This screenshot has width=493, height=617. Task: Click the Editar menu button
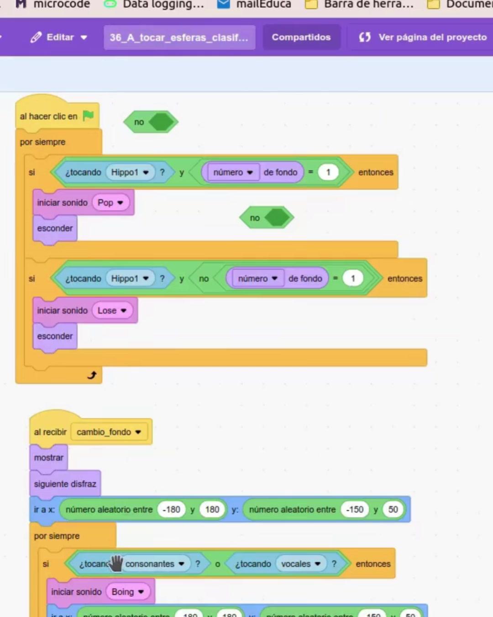[59, 37]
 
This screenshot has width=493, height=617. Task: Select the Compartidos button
[301, 37]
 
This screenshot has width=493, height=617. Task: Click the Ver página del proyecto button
[423, 37]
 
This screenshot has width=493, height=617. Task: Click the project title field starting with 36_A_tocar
[179, 37]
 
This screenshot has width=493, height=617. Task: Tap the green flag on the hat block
[89, 116]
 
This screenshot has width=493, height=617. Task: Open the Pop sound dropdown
[110, 202]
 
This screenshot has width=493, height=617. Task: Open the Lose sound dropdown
[112, 310]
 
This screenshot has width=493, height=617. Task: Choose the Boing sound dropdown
[128, 592]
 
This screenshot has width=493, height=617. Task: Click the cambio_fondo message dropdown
[109, 432]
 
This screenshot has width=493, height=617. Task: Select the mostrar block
[48, 457]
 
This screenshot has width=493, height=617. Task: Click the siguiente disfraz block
[65, 484]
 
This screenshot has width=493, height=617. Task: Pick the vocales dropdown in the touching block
[300, 564]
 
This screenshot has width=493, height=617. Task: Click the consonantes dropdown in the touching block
[155, 564]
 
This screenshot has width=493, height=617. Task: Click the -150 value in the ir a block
[355, 509]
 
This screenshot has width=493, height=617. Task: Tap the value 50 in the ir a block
[393, 509]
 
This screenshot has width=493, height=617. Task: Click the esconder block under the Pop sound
[55, 228]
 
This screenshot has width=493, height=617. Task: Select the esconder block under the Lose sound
[55, 336]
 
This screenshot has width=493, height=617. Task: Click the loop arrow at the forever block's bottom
[92, 375]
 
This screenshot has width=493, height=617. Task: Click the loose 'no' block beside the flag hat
[140, 122]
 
